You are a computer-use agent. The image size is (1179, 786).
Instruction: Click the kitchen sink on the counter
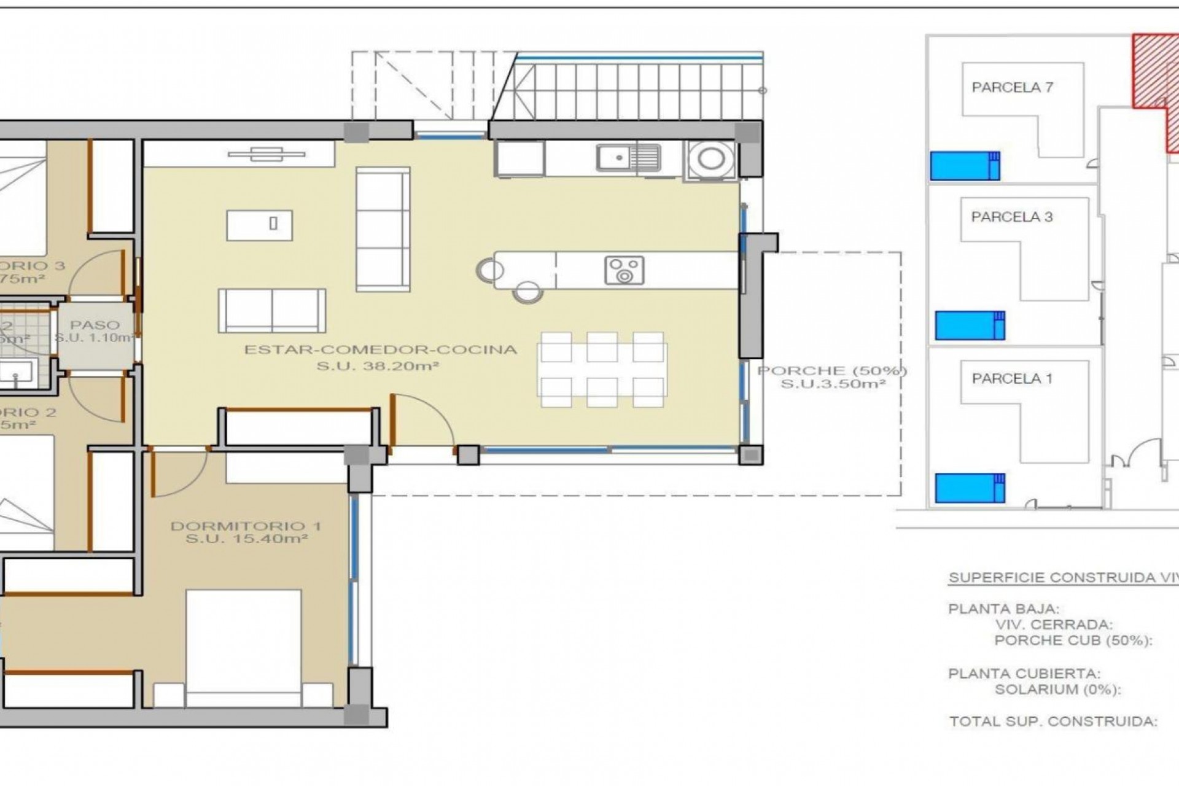point(628,158)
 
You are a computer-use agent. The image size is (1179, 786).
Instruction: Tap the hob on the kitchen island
point(625,270)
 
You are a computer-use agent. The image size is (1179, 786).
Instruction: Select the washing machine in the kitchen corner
point(710,160)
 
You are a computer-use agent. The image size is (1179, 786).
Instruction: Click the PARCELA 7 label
point(1012,87)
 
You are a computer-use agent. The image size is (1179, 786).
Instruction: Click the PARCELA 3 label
point(1011,216)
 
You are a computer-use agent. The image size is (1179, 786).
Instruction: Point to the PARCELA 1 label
point(1011,378)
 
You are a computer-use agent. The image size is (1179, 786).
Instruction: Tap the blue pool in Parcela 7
point(965,166)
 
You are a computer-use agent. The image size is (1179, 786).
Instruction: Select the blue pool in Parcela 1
point(970,488)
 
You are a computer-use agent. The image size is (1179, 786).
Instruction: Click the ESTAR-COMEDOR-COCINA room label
point(381,349)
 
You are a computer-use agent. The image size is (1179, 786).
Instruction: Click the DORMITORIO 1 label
point(246,526)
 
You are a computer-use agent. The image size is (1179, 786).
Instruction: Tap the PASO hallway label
point(95,325)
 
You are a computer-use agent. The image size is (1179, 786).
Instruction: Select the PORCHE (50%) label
point(832,370)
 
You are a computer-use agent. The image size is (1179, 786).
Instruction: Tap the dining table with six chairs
point(602,370)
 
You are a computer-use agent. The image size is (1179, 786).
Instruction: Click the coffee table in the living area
point(259,225)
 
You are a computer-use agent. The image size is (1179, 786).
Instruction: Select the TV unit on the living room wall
point(267,154)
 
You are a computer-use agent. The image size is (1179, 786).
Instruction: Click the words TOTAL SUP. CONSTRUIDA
point(1053,721)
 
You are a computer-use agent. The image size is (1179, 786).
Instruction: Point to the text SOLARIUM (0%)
point(1057,689)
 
